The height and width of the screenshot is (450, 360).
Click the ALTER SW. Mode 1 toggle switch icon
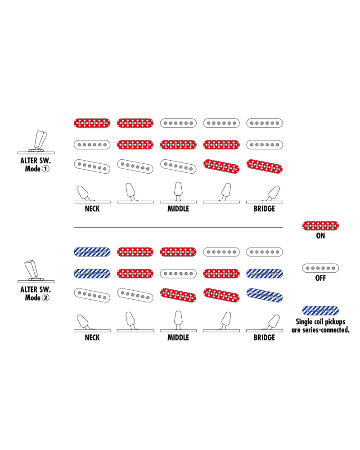pos(36,143)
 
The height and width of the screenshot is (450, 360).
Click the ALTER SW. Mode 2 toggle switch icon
pos(36,271)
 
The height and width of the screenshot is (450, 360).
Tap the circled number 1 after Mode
pos(45,169)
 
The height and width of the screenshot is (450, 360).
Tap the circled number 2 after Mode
pos(45,297)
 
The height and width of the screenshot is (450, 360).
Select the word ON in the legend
pos(320,236)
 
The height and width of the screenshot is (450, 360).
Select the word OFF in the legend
pos(320,278)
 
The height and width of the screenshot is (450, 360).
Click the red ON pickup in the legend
pos(320,225)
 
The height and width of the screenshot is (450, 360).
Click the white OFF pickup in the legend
pos(320,268)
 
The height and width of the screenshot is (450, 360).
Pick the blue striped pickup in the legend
pos(320,310)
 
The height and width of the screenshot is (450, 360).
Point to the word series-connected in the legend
pos(326,330)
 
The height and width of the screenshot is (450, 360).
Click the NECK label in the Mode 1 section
pos(92,209)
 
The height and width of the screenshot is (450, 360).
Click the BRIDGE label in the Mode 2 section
pos(264,337)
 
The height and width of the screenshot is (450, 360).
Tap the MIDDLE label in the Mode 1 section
pos(178,209)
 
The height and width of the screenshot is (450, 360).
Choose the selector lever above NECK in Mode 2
pos(83,322)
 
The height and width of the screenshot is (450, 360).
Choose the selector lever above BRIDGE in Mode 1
pos(272,193)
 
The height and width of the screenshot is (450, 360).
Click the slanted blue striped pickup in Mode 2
pos(265,295)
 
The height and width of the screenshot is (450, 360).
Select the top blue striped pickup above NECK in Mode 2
pos(92,252)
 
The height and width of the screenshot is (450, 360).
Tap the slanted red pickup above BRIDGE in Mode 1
pos(265,166)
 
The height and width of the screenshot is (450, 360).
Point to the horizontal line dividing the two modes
pos(178,227)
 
